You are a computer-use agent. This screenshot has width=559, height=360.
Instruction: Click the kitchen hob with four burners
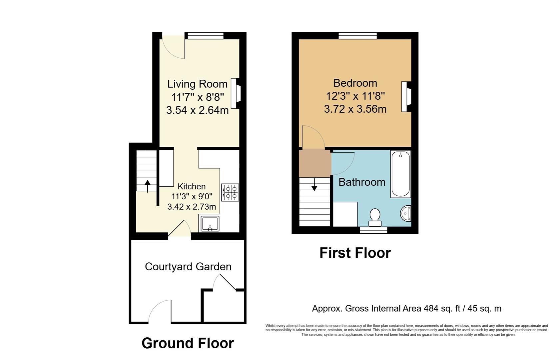(230, 192)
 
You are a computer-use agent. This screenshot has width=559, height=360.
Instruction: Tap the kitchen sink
(210, 223)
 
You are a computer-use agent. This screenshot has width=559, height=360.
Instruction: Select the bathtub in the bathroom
(400, 174)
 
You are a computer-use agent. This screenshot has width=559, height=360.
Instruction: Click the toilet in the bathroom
(375, 217)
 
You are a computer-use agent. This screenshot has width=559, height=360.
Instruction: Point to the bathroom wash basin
(406, 213)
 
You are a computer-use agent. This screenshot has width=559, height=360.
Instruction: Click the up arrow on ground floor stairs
(147, 186)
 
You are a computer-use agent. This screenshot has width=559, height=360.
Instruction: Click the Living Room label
(197, 84)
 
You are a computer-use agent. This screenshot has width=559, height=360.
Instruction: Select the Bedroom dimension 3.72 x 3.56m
(355, 109)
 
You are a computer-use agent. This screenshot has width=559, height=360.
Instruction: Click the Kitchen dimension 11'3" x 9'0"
(192, 197)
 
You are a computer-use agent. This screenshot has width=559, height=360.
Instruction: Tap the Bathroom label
(362, 182)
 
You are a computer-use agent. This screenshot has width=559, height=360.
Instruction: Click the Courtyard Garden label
(188, 267)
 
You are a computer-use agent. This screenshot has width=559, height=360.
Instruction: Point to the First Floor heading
(355, 253)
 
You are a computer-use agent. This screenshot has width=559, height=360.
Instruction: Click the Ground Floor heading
(188, 343)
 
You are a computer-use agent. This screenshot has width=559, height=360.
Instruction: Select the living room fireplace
(236, 93)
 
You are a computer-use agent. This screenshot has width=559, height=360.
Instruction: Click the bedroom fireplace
(406, 97)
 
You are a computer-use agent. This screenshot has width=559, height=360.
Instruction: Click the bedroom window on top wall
(358, 36)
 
